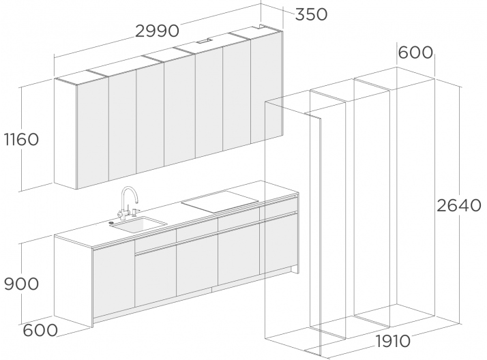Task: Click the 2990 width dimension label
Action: (158, 31)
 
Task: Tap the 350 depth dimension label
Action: (311, 14)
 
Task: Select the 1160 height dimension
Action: (21, 139)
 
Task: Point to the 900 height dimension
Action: (21, 284)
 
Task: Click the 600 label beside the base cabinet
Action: (40, 330)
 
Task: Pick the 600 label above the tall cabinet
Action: (415, 52)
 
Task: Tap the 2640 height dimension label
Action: (459, 205)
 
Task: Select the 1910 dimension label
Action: (393, 341)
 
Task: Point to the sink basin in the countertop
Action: (138, 224)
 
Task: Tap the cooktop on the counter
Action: (220, 202)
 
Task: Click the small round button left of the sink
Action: (112, 222)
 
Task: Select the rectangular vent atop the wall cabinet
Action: (204, 40)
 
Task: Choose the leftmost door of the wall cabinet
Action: (93, 132)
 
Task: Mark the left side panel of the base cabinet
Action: (74, 280)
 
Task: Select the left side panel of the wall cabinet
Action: (65, 134)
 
